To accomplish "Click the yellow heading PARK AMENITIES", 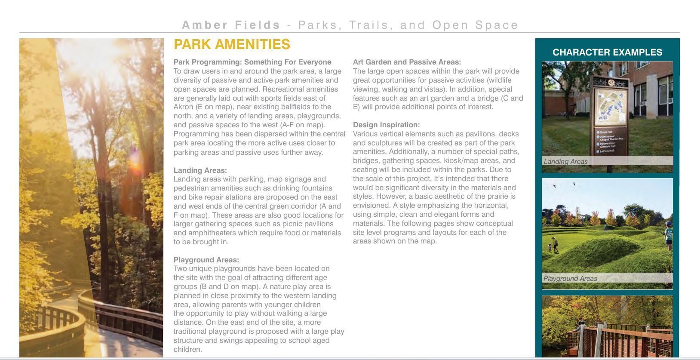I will coord(232,44).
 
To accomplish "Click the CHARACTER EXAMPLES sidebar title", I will coord(607,52).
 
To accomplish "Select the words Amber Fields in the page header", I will coord(231,25).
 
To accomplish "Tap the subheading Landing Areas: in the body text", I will coord(200,170).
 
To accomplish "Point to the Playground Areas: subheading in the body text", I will coord(206,260).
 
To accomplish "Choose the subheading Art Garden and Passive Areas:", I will coord(407,62).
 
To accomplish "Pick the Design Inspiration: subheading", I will coord(386,125).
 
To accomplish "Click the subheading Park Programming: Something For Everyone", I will coord(252,62).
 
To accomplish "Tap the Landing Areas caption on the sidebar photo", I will coord(565,162).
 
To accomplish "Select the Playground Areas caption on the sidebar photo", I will coord(570,279).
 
